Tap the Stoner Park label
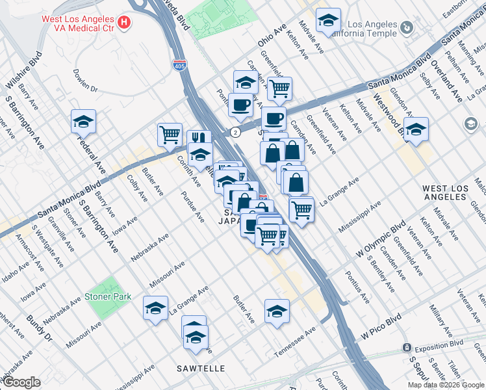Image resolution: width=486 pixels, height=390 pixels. pos(108,297)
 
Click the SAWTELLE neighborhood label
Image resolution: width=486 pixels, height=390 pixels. pos(201,369)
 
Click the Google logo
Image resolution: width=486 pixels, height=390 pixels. pos(21,382)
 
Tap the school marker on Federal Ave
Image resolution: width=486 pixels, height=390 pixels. pos(83,122)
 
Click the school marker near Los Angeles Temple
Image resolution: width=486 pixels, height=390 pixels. pos(328,20)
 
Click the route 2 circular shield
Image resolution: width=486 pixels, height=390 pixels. pos(236,131)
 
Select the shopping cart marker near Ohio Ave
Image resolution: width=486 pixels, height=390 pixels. pos(279,88)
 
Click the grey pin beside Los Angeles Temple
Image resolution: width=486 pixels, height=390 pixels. pos(407,28)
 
